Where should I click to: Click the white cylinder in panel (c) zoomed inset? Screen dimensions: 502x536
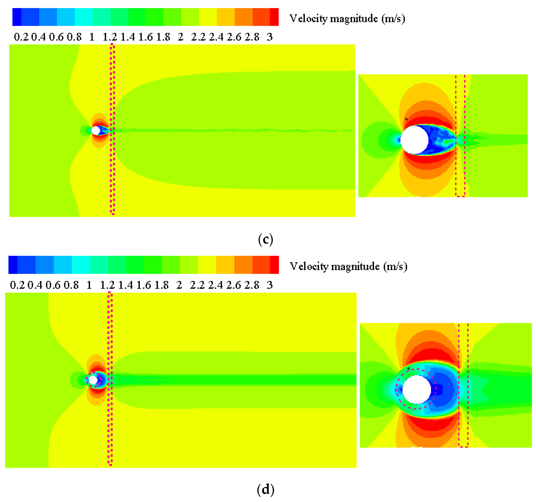pyautogui.click(x=414, y=140)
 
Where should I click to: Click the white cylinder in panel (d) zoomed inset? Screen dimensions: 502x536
pyautogui.click(x=417, y=389)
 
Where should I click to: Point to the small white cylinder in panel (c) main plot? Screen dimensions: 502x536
pyautogui.click(x=96, y=131)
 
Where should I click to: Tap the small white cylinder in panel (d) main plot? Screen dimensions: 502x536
pyautogui.click(x=93, y=380)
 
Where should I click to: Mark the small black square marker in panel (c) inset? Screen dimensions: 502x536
pyautogui.click(x=406, y=119)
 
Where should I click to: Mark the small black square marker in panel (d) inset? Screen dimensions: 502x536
pyautogui.click(x=409, y=368)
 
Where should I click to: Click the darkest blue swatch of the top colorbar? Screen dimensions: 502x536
pyautogui.click(x=17, y=17)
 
